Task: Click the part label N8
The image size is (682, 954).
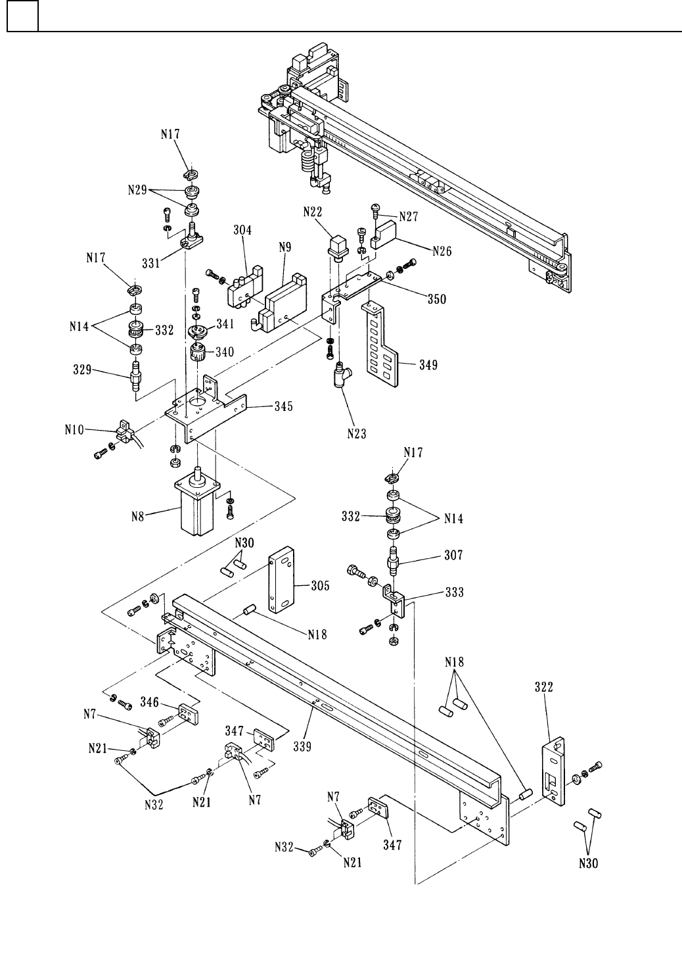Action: tap(137, 517)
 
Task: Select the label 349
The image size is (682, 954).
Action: tap(428, 365)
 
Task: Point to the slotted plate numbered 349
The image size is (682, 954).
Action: tap(382, 345)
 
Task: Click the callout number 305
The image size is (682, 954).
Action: tap(320, 586)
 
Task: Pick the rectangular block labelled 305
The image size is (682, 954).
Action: tap(281, 580)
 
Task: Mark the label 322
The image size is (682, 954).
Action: tap(543, 687)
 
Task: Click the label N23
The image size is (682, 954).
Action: tap(356, 434)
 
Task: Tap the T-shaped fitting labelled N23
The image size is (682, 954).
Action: tap(342, 374)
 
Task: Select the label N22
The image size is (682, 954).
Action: tap(313, 212)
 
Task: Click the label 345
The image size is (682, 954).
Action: tap(284, 406)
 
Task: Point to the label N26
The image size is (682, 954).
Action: tap(442, 251)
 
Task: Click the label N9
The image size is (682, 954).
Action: tap(284, 247)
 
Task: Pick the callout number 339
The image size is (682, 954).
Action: tap(302, 747)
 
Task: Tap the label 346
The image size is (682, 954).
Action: tap(149, 702)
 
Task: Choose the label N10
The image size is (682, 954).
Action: tap(74, 430)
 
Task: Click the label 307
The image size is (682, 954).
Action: tap(453, 555)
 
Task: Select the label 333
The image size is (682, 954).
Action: tap(454, 592)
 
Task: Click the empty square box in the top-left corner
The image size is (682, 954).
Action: tap(22, 16)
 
